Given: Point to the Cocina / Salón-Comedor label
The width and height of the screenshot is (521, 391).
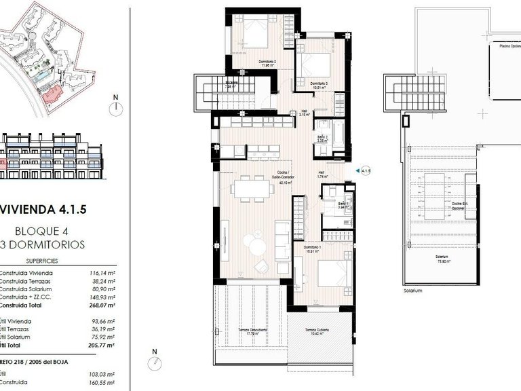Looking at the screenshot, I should [282, 179].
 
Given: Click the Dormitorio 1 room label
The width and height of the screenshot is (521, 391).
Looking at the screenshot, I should [313, 248].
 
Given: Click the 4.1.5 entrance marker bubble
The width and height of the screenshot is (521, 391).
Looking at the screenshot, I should [366, 171].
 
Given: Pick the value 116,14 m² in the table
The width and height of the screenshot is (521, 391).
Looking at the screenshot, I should [102, 273].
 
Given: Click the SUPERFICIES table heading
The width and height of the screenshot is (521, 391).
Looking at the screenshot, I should [42, 261].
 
